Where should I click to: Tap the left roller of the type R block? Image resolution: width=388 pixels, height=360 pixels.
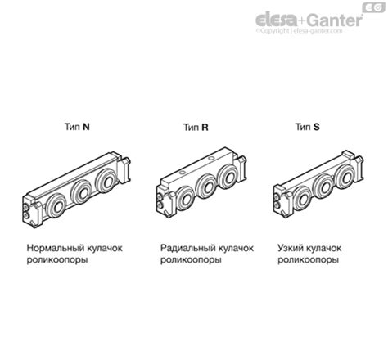(x=187, y=196)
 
